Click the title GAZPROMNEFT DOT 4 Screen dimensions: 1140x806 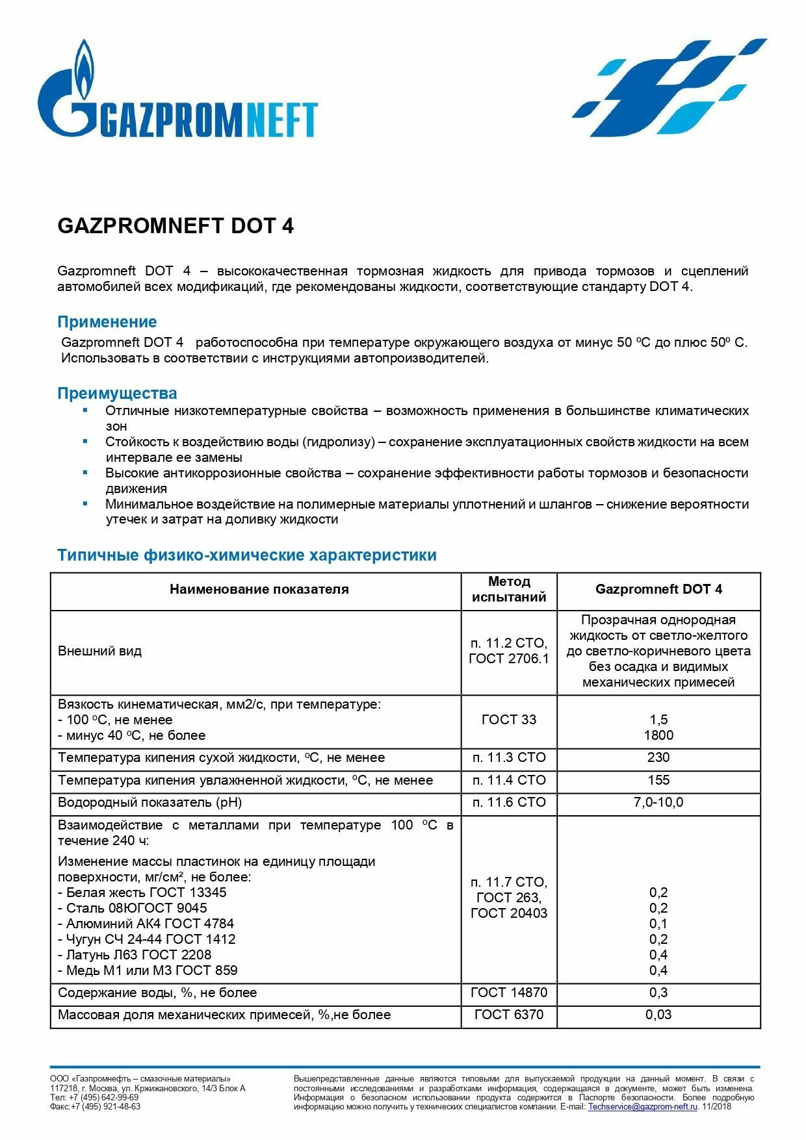coord(175,226)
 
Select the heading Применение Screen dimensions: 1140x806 coord(107,322)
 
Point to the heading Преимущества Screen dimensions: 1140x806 coord(117,393)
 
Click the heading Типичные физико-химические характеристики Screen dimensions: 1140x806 coord(247,555)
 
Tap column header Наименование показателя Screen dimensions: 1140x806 coord(259,589)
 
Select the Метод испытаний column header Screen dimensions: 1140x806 coord(509,589)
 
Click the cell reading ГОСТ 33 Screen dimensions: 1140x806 coord(509,720)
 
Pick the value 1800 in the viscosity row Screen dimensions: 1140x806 coord(658,735)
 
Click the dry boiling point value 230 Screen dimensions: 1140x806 coord(658,757)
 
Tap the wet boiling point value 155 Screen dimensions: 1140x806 coord(658,780)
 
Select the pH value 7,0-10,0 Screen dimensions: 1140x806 coord(658,802)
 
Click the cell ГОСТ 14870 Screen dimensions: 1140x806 coord(509,993)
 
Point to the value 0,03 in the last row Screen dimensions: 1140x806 coord(658,1015)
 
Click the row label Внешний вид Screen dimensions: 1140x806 coord(99,651)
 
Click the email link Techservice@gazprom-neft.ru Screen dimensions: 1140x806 coord(642,1106)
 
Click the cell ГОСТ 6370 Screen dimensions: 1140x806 coord(509,1015)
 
